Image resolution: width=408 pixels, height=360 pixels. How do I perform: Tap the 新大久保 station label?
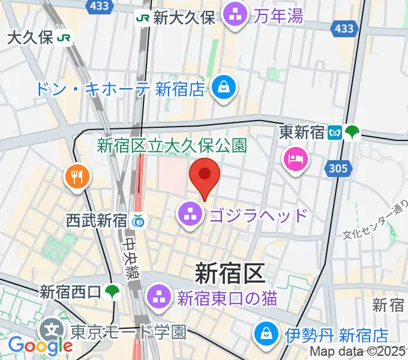coord(183,17)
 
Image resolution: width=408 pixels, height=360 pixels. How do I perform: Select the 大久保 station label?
coord(30,38)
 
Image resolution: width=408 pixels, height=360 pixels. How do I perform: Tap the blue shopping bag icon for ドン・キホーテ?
coord(224,89)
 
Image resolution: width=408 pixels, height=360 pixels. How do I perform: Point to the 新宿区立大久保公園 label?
coord(172,145)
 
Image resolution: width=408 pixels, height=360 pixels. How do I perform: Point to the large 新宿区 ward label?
coord(229,274)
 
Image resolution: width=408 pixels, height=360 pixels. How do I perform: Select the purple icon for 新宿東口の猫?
coord(160,295)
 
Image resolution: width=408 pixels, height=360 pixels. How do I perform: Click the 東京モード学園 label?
coord(128,331)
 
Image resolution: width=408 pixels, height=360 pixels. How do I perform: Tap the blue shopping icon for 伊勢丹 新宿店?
coord(265,334)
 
